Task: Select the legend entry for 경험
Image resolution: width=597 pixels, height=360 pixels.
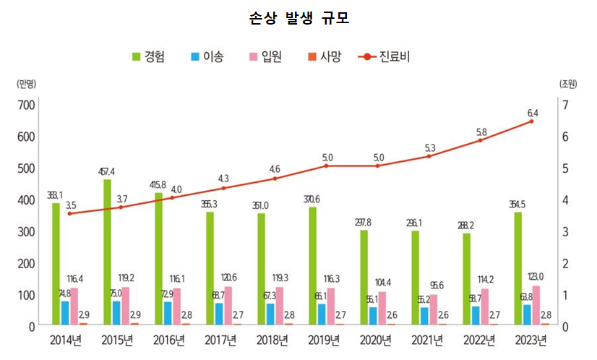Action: point(147,56)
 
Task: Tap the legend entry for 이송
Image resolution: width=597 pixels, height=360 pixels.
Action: point(207,56)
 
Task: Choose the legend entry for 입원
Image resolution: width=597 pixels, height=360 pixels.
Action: point(267,56)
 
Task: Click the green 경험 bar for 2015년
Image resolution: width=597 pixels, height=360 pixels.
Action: point(108,252)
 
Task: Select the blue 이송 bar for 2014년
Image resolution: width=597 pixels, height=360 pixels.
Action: point(65,313)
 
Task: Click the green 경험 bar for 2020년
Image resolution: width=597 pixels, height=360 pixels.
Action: point(364,278)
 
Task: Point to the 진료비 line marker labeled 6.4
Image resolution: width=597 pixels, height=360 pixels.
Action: point(532,121)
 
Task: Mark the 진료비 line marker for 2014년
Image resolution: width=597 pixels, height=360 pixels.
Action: point(69,213)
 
